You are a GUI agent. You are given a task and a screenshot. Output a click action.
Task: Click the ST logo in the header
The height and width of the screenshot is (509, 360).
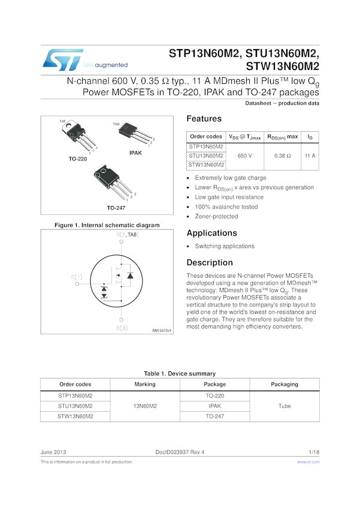coord(63,60)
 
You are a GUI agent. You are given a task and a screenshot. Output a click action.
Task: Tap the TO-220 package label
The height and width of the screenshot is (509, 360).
coord(78,159)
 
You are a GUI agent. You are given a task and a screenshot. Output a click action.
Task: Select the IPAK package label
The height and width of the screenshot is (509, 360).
coord(136,153)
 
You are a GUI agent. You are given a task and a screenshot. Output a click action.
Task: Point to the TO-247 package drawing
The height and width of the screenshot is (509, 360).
coord(113,182)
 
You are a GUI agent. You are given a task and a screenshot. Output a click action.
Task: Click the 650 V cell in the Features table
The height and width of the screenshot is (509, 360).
coord(245,156)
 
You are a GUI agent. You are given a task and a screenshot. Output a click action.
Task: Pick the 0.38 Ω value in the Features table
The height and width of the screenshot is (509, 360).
coord(282,156)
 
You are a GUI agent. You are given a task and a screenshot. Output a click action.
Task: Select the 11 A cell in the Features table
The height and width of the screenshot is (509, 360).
coord(310,156)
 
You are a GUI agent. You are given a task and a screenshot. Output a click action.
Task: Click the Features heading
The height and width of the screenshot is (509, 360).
coord(204,119)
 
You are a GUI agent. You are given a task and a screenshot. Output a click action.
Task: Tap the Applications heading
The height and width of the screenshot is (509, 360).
coord(211,233)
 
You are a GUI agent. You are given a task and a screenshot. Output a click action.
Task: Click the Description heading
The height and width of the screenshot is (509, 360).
coord(210,263)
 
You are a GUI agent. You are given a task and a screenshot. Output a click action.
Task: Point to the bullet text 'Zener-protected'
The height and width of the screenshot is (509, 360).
coord(216,217)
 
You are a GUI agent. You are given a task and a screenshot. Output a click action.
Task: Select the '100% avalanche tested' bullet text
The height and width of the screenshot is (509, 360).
coord(226,207)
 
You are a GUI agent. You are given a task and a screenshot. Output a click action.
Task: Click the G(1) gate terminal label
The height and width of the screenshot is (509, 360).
coord(77,277)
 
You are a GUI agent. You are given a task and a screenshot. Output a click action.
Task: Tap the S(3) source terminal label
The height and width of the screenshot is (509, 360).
coord(122,328)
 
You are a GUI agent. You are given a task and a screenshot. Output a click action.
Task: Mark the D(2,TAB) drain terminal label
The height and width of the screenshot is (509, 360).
coord(128,234)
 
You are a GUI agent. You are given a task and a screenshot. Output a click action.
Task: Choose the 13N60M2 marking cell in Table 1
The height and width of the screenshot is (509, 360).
coord(145,406)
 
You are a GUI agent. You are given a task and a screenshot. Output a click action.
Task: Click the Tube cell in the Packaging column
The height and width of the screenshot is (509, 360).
coord(285,406)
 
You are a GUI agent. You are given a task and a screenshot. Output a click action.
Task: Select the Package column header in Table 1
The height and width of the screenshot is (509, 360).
coord(215,384)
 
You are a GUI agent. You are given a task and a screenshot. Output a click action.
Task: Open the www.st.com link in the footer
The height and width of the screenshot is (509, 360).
coord(308,462)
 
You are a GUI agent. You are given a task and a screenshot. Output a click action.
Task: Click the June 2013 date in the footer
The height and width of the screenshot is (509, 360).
coord(53,452)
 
